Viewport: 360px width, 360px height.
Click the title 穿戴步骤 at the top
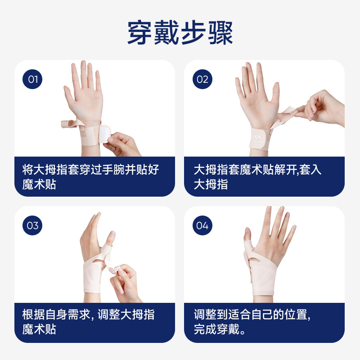tap(180, 32)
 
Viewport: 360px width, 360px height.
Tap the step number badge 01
tap(32, 79)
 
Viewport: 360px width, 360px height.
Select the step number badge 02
tap(202, 79)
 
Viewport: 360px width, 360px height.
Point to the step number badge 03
tap(32, 225)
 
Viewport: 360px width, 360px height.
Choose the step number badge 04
tap(202, 225)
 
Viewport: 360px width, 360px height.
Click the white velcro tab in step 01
tap(104, 134)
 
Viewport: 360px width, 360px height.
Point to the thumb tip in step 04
tap(247, 233)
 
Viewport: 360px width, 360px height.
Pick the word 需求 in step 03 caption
tap(79, 315)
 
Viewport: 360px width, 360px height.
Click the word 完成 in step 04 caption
tap(205, 329)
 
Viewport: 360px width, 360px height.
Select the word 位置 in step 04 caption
tap(296, 315)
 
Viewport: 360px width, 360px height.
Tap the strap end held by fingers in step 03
tap(114, 269)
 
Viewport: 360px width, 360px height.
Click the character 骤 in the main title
tap(220, 32)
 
